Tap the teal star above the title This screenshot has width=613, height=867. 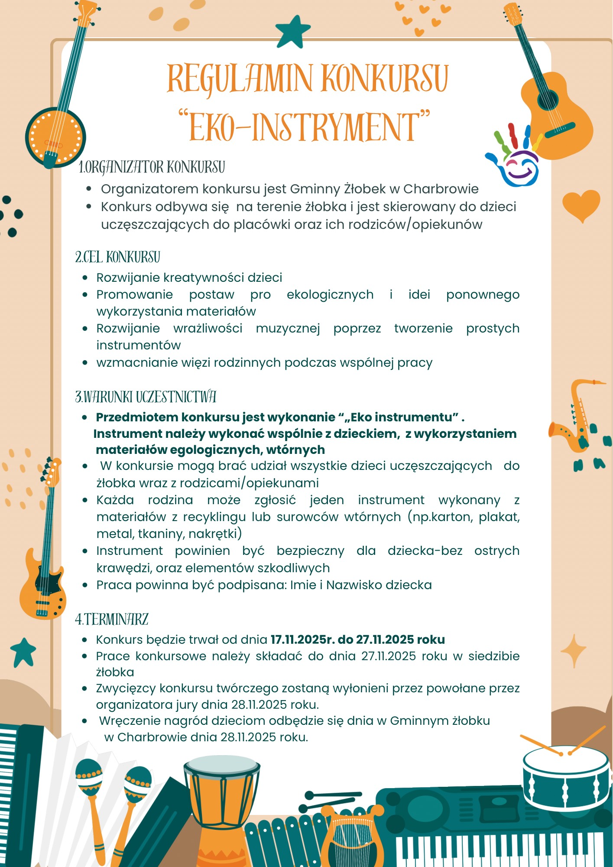(x=293, y=31)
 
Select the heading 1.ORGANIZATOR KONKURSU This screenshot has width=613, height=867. (x=152, y=167)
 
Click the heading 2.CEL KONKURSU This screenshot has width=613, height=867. (x=118, y=257)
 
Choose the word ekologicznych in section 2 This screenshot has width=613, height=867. (x=330, y=294)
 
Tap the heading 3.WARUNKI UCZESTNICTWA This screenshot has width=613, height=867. (x=146, y=397)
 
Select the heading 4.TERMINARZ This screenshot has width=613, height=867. (x=112, y=619)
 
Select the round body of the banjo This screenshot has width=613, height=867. (x=55, y=137)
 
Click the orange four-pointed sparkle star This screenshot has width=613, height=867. (x=573, y=651)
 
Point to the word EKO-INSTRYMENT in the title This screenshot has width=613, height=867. (x=305, y=127)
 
